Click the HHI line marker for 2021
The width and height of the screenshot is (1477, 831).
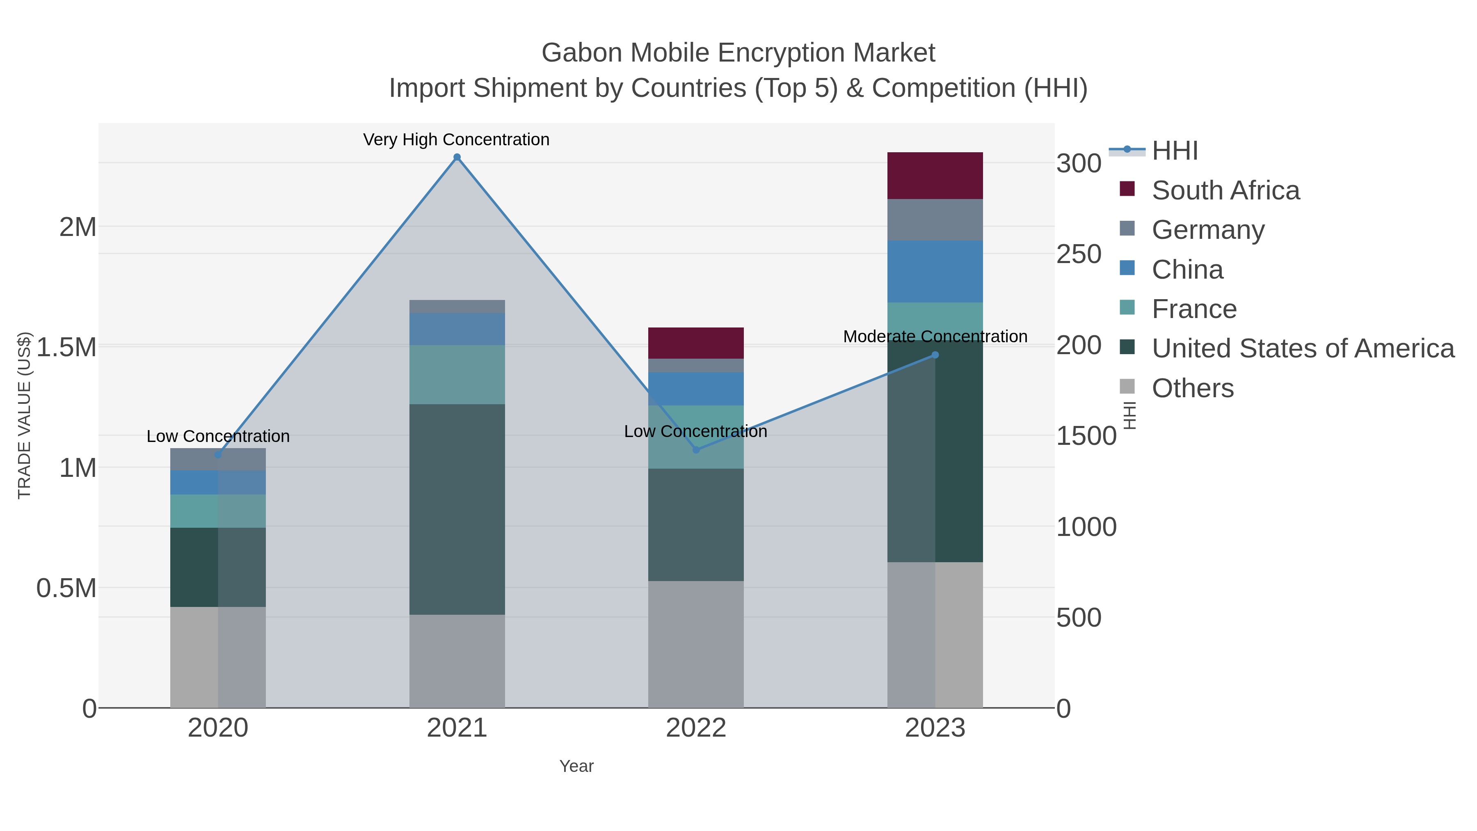tap(457, 157)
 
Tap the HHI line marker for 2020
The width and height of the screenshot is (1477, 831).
tap(218, 455)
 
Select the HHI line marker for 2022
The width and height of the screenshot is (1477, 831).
tap(696, 450)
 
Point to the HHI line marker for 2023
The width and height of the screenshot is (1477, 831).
tap(935, 355)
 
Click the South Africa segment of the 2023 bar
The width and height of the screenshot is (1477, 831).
tap(935, 176)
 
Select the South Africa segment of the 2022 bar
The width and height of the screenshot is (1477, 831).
tap(696, 343)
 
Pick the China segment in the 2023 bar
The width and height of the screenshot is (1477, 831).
tap(935, 271)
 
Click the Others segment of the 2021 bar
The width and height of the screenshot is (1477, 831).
tap(457, 661)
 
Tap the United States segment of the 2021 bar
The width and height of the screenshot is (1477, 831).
tap(457, 509)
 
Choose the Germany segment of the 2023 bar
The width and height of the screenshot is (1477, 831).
tap(935, 220)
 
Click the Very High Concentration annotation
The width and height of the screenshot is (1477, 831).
tap(456, 140)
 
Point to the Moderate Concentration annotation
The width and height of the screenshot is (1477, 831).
tap(935, 337)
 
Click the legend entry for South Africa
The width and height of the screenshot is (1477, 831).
tap(1225, 190)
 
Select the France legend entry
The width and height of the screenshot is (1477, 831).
tap(1194, 309)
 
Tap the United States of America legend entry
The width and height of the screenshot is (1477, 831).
tap(1303, 349)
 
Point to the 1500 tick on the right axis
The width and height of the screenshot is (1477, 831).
tap(1086, 436)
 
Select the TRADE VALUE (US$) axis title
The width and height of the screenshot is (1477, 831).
tap(24, 415)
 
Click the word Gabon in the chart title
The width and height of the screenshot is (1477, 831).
tap(581, 53)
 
